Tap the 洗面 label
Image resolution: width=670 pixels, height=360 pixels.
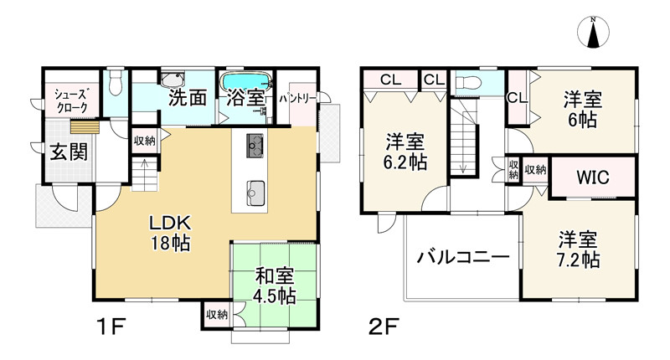188,97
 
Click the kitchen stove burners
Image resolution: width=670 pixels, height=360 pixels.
256,145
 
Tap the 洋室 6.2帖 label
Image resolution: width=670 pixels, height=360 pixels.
405,151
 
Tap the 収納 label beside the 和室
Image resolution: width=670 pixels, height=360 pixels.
217,315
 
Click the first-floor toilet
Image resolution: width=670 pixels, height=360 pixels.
116,83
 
